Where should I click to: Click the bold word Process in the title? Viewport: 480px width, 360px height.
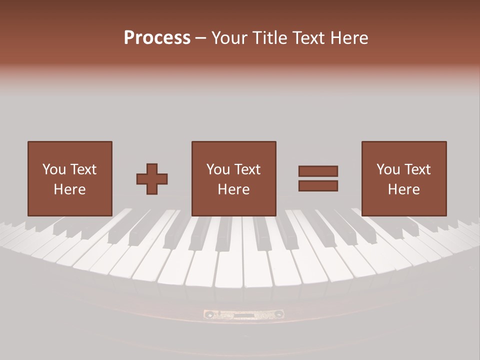157,38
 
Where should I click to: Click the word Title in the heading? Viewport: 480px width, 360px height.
269,38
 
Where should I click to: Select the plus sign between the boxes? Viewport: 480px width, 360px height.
152,179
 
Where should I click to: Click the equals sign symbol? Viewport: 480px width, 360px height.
318,178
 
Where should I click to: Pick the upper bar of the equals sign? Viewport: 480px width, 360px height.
318,171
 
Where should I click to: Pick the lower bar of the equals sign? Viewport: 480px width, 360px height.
318,186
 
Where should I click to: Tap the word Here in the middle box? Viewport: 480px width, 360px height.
233,189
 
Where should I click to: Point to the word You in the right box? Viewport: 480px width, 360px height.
388,169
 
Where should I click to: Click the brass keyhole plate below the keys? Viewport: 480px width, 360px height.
243,314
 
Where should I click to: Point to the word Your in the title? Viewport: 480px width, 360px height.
229,38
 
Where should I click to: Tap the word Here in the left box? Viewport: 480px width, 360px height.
69,189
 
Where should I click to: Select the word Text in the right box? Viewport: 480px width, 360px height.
417,169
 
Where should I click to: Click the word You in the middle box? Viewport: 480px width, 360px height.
218,169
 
